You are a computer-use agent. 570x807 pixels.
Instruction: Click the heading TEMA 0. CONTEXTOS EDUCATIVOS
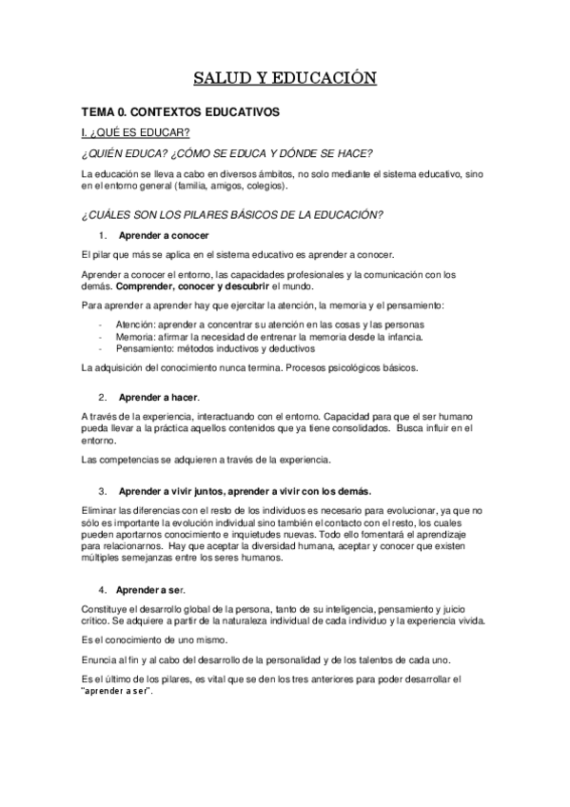(x=180, y=111)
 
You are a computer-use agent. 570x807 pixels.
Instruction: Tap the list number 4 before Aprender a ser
(x=102, y=587)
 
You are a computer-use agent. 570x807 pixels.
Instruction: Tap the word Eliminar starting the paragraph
(x=98, y=511)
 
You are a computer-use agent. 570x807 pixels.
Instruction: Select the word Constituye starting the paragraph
(x=105, y=607)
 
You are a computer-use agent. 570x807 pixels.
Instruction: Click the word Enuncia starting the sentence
(x=99, y=660)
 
